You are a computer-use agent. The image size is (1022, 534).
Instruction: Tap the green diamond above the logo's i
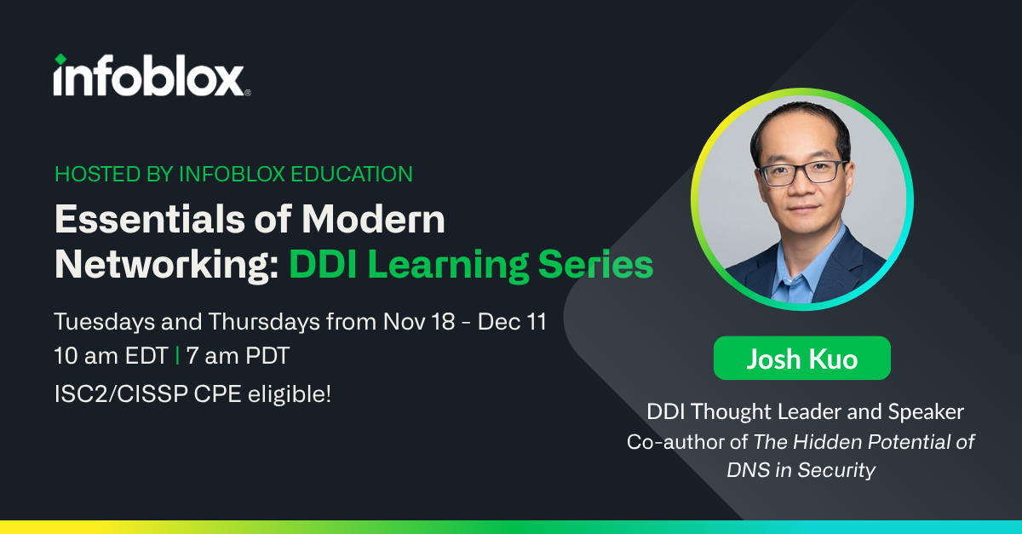[x=60, y=60]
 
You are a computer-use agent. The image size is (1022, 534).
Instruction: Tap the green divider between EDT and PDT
[x=176, y=357]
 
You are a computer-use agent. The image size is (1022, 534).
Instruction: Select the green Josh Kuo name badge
[x=801, y=359]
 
